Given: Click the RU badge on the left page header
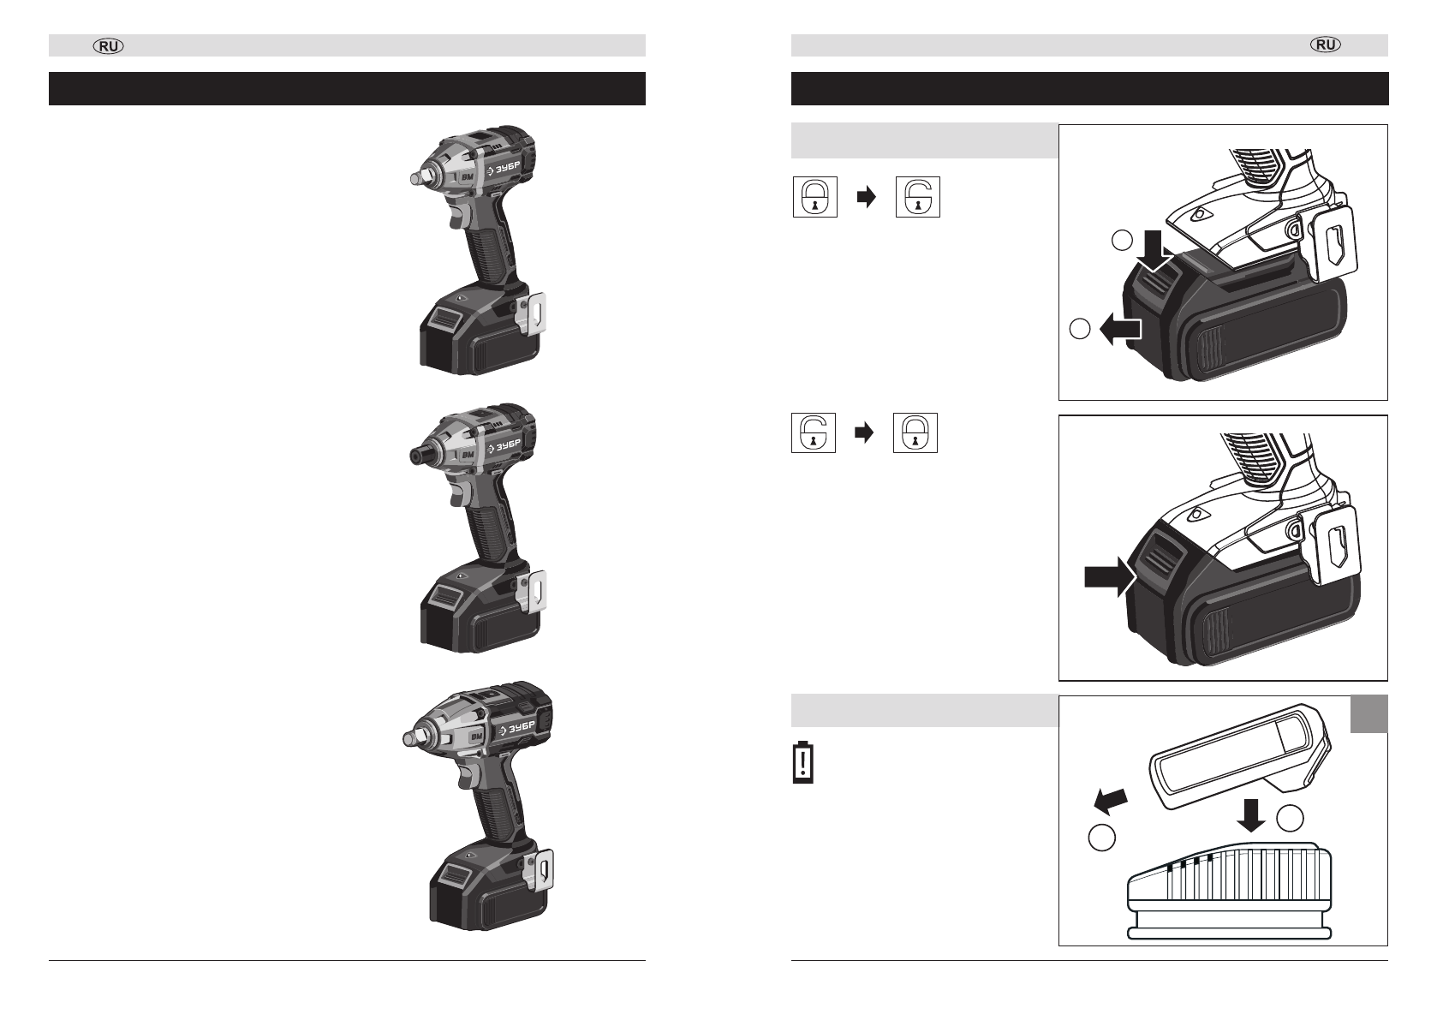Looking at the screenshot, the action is pyautogui.click(x=109, y=46).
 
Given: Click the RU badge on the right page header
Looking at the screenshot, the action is pyautogui.click(x=1326, y=45).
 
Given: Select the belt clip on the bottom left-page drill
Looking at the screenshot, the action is pyautogui.click(x=539, y=870).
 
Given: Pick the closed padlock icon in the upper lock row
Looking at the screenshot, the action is pyautogui.click(x=814, y=197).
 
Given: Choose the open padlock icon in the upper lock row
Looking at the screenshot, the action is pyautogui.click(x=918, y=197).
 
